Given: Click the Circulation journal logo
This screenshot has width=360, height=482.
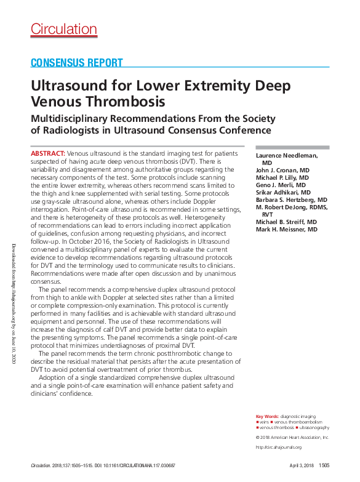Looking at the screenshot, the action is pos(64,29).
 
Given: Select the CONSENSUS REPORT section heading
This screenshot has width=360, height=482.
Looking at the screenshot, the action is pos(77,63).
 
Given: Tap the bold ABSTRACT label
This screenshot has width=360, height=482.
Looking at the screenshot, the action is pos(47,152).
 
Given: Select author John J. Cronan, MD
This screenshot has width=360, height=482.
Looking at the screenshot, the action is pos(282,169).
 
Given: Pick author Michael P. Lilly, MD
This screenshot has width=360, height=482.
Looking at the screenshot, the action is pos(282,177).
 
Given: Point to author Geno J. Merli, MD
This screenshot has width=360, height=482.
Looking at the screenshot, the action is pos(281,185).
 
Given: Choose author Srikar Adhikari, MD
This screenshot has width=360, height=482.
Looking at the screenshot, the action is pos(282,192).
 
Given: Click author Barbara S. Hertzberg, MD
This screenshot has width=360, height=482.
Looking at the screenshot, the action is pos(291,200).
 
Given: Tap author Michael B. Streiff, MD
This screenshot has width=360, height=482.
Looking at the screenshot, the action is pos(286,222).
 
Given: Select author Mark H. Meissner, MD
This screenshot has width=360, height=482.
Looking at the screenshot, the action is pos(286,230).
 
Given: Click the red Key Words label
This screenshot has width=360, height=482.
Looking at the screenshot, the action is pos(266,417).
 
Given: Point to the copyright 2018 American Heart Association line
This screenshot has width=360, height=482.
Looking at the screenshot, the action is pos(292,437).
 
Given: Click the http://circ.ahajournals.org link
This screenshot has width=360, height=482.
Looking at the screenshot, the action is pos(278,448).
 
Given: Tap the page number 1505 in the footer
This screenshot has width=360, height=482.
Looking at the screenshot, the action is pos(324,466).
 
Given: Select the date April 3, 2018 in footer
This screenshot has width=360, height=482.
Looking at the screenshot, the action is pos(302,466).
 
